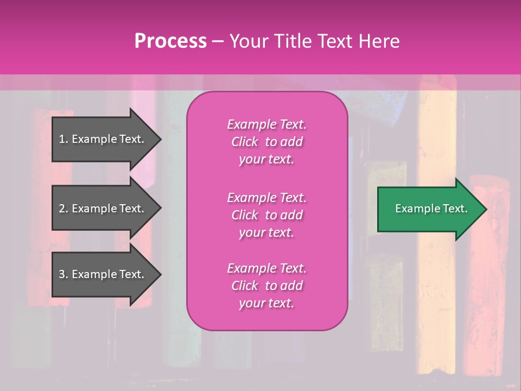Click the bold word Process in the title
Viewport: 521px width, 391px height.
pyautogui.click(x=170, y=41)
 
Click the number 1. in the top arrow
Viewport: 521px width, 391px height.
pyautogui.click(x=63, y=139)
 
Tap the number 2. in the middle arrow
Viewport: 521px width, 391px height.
pyautogui.click(x=63, y=209)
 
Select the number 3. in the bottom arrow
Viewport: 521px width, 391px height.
pyautogui.click(x=63, y=274)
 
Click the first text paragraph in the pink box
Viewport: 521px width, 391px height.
pyautogui.click(x=266, y=142)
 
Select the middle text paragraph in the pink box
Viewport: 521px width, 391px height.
pyautogui.click(x=266, y=215)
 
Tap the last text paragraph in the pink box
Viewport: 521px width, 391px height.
pyautogui.click(x=266, y=286)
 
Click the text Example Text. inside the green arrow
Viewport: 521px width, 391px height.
pyautogui.click(x=431, y=209)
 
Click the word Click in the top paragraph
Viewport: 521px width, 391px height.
pyautogui.click(x=245, y=142)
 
